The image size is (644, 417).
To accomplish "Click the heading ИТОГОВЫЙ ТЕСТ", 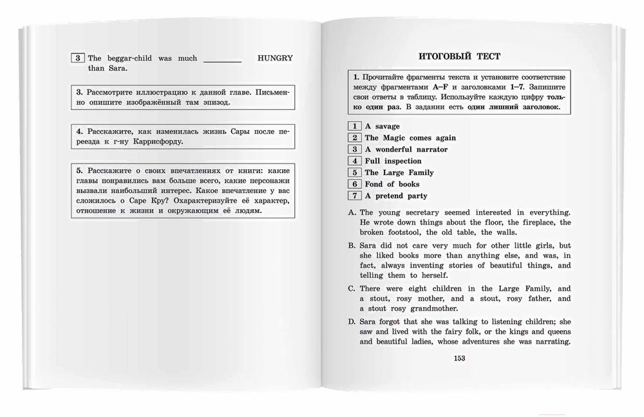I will [x=459, y=57].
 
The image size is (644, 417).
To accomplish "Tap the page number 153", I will [x=460, y=359].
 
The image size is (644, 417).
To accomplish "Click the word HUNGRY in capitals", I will [x=275, y=58].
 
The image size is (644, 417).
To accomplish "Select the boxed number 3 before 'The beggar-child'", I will [x=77, y=58].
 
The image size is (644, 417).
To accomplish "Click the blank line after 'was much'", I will [x=222, y=59].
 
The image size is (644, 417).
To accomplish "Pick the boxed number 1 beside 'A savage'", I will [x=354, y=126].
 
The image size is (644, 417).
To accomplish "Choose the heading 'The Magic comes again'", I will [x=410, y=138].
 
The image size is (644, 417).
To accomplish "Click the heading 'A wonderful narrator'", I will [x=406, y=149].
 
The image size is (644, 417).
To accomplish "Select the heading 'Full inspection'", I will [x=393, y=161].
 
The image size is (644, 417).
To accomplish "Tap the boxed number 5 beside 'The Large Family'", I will [x=354, y=172].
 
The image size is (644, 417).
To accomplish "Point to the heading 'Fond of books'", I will [x=392, y=184].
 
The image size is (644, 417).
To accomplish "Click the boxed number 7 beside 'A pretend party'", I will [x=354, y=196].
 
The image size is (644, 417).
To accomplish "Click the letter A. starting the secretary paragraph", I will [x=352, y=212].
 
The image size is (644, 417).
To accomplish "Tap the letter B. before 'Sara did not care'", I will [x=352, y=246].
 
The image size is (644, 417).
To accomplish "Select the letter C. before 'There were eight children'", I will [x=352, y=289].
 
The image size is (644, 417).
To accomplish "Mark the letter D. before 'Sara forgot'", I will [x=352, y=322].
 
